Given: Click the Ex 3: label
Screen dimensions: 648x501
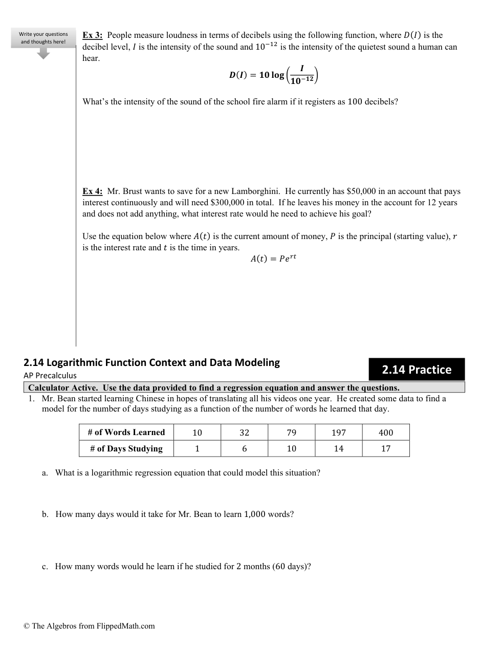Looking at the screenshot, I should (x=93, y=35).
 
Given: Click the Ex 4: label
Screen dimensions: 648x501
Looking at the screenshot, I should (x=93, y=191).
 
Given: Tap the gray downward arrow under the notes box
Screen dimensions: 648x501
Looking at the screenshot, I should (x=44, y=53).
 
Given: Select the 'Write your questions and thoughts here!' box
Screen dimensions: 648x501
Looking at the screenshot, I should (x=43, y=38).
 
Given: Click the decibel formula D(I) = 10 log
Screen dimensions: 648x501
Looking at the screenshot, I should (x=274, y=75).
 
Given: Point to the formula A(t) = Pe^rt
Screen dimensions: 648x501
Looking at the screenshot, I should (x=273, y=258).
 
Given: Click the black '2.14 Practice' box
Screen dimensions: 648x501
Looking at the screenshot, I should (x=417, y=370).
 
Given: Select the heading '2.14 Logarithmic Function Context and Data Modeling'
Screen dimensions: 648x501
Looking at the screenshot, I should (x=151, y=363).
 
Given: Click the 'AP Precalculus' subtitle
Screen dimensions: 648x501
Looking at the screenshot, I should (x=50, y=375).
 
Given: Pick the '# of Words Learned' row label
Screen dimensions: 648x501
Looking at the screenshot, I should (x=126, y=433).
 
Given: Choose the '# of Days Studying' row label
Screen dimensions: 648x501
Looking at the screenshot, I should (x=126, y=449).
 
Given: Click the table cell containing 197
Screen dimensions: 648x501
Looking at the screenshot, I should (x=339, y=433).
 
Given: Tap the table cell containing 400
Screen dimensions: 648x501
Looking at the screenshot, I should (x=386, y=433).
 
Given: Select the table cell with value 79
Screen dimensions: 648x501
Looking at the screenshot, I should (x=292, y=433).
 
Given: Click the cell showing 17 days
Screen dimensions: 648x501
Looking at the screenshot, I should (x=386, y=449).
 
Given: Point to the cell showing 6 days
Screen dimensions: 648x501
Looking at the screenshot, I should (x=245, y=449).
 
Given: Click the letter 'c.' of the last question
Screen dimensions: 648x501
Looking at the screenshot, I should (x=45, y=567).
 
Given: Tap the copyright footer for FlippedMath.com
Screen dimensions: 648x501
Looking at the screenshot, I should (x=89, y=626).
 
